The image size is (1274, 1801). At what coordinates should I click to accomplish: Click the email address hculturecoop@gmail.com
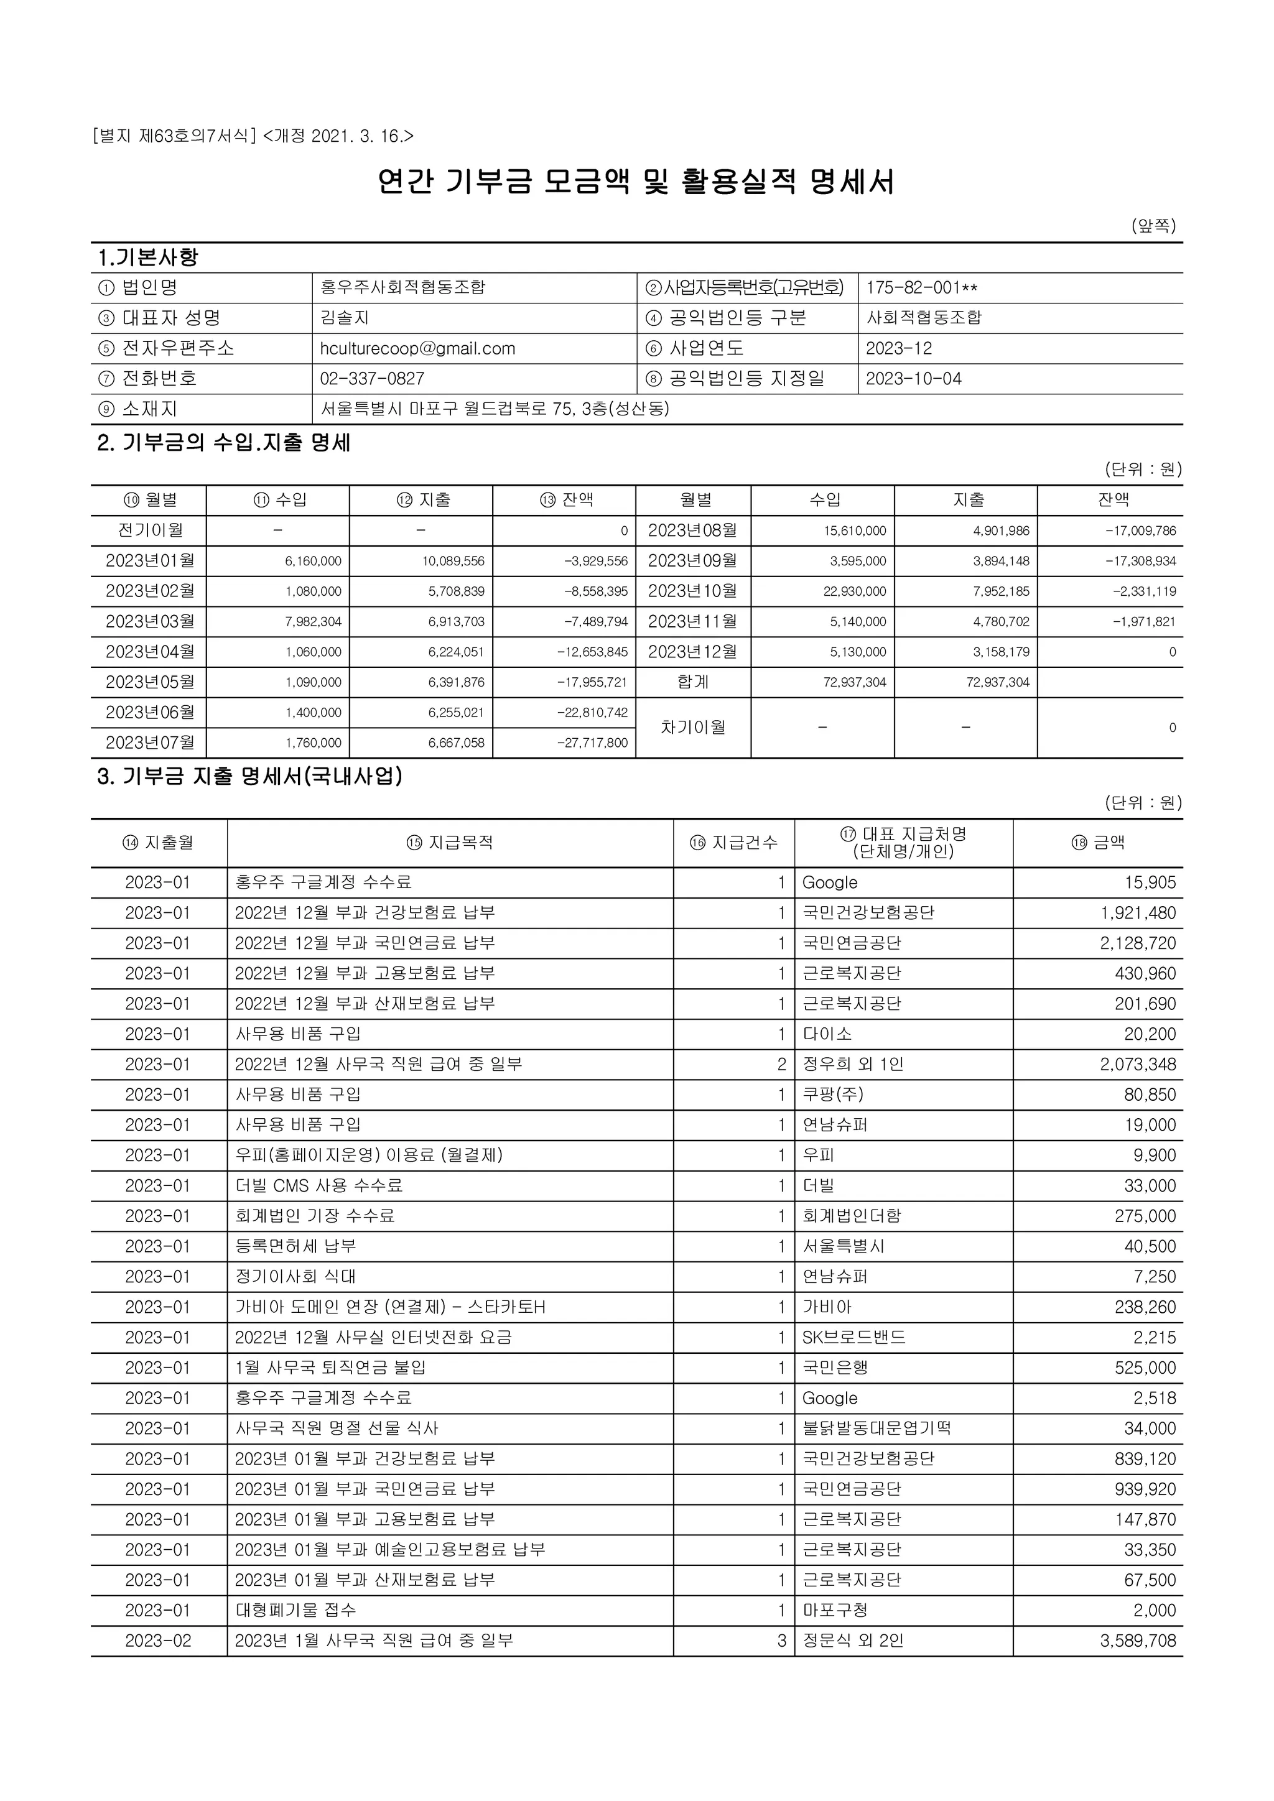pyautogui.click(x=417, y=348)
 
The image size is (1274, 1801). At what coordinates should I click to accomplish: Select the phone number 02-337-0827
pyautogui.click(x=372, y=379)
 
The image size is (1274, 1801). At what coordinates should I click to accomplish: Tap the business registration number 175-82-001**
pyautogui.click(x=922, y=288)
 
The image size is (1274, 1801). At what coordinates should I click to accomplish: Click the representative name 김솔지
pyautogui.click(x=345, y=318)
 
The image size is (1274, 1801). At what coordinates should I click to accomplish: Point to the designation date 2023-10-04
pyautogui.click(x=913, y=379)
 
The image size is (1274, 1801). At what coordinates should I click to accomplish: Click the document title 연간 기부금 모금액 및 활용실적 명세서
pyautogui.click(x=636, y=182)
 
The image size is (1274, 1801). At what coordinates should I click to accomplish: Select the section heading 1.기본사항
pyautogui.click(x=148, y=257)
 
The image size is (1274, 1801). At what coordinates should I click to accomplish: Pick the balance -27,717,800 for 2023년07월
pyautogui.click(x=592, y=743)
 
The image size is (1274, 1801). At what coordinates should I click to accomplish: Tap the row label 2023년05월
pyautogui.click(x=149, y=682)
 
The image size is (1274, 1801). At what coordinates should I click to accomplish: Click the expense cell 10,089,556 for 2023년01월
pyautogui.click(x=456, y=562)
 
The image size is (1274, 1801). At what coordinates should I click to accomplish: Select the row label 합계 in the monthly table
pyautogui.click(x=693, y=682)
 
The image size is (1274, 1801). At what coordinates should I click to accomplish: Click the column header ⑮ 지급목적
pyautogui.click(x=450, y=843)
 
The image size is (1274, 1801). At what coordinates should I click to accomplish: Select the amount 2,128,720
pyautogui.click(x=1138, y=943)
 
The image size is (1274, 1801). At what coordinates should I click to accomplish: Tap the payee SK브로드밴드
pyautogui.click(x=853, y=1338)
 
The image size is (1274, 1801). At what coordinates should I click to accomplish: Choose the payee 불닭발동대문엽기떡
pyautogui.click(x=876, y=1429)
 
